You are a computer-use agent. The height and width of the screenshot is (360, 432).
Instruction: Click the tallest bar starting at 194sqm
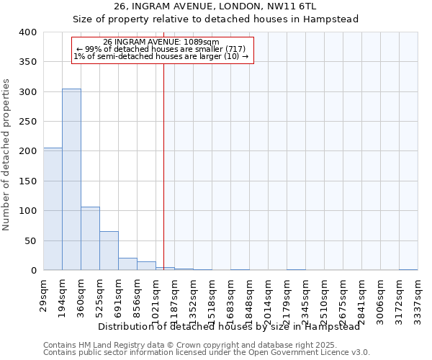(71, 180)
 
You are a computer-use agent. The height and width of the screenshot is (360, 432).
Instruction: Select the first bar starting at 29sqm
(53, 209)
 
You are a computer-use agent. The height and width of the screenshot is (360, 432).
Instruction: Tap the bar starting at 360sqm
(90, 238)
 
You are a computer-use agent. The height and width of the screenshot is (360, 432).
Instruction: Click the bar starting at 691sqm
(127, 264)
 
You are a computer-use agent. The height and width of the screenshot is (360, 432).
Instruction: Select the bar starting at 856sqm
(146, 266)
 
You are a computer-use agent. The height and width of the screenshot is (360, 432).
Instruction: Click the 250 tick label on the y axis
(27, 122)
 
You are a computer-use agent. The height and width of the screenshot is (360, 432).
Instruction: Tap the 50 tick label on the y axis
(30, 240)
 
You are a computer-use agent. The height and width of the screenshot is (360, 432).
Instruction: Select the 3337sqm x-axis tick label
(418, 301)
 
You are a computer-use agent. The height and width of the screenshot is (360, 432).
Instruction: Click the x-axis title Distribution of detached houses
(229, 326)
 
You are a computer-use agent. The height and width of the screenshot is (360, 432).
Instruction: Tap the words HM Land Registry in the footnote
(112, 345)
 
